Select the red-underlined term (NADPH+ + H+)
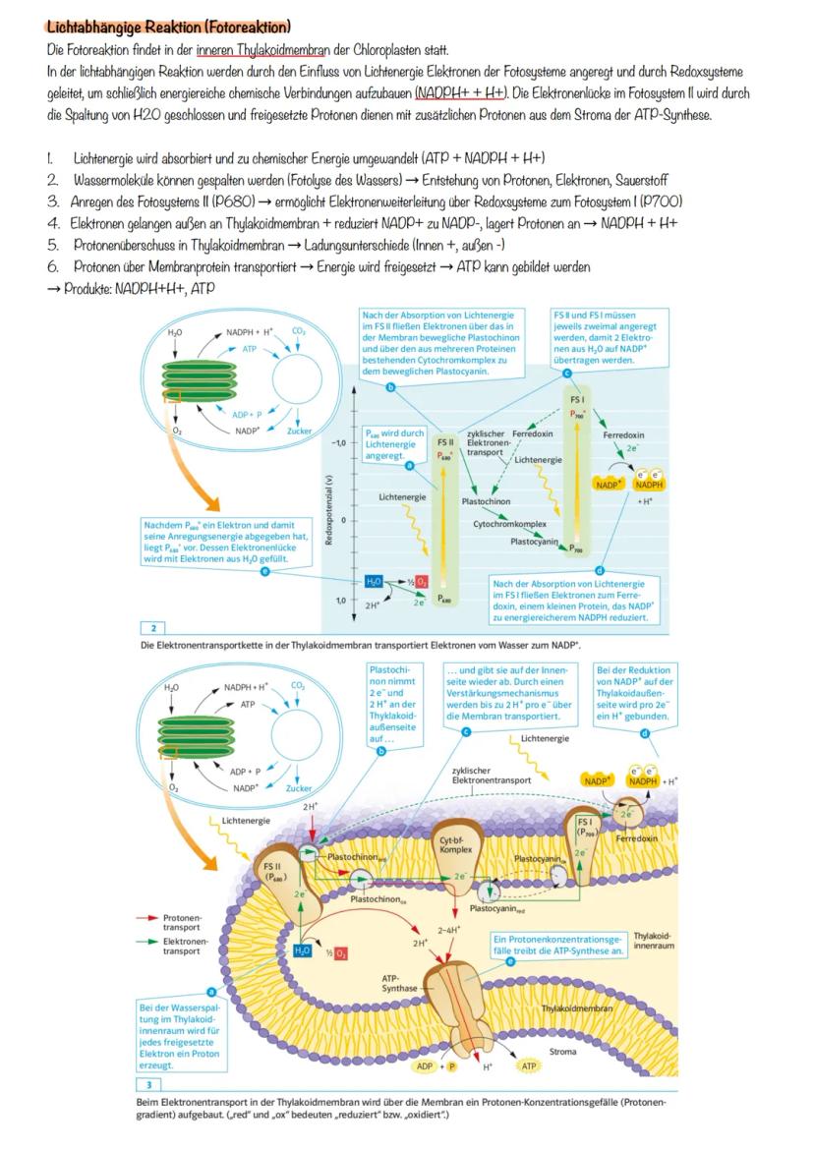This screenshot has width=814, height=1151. click(460, 92)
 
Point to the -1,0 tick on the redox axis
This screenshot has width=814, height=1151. click(337, 443)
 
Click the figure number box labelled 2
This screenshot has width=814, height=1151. click(153, 627)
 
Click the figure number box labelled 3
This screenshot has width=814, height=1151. click(148, 1084)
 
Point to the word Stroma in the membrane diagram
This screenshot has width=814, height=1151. click(563, 1052)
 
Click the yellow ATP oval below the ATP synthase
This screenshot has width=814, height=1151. click(529, 1065)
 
